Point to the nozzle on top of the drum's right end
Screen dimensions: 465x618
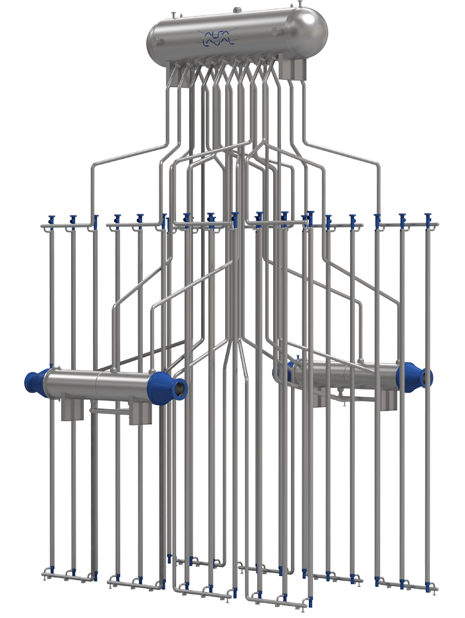(300, 4)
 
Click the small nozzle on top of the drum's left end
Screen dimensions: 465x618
(173, 15)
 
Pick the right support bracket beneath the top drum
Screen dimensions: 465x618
(294, 69)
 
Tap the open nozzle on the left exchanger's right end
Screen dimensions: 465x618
(181, 387)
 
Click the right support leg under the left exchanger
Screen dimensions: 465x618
(141, 410)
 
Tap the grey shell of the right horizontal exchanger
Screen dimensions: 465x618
(345, 375)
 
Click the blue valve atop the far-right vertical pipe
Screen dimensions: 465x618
(427, 218)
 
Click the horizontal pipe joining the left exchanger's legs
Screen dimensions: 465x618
(110, 410)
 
